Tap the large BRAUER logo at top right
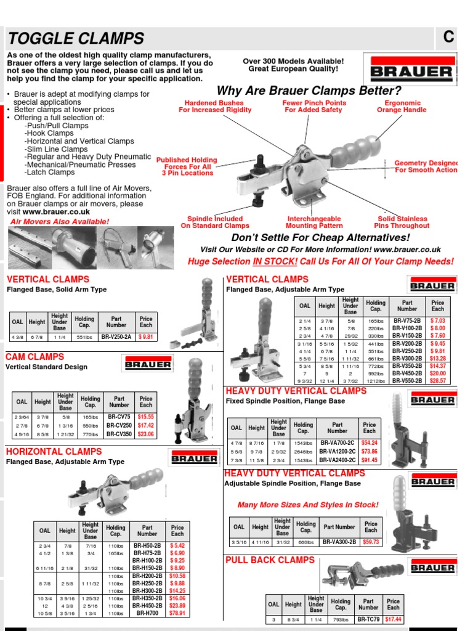tap(411, 71)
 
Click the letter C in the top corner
tap(449, 37)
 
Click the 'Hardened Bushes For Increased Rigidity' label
tap(215, 107)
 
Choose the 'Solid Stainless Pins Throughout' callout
tap(402, 222)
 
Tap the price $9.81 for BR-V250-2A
tap(145, 337)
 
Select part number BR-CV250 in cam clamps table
tap(119, 426)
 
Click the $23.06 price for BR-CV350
tap(145, 434)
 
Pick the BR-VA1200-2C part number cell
tap(338, 452)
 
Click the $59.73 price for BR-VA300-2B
tap(371, 542)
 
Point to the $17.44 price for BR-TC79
tap(393, 620)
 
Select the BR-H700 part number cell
tap(147, 614)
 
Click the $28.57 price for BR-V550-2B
tap(437, 381)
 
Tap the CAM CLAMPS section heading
tap(34, 357)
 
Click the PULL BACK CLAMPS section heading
tap(270, 560)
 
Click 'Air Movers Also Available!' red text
tap(60, 222)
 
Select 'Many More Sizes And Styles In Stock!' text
tap(308, 505)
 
